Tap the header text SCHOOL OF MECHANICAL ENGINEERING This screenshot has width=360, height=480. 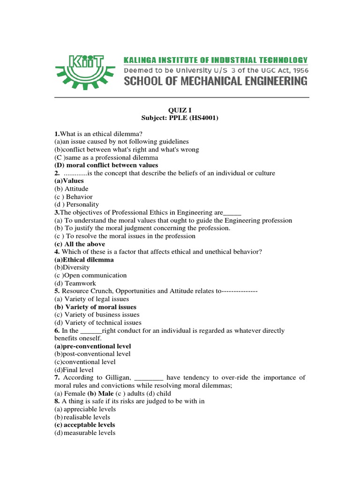click(215, 81)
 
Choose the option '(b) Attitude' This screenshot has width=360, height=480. click(71, 189)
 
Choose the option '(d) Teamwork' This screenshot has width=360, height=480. click(75, 283)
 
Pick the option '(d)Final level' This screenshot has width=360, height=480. click(74, 369)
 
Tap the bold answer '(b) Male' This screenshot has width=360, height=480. click(103, 393)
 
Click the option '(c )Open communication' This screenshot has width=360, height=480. click(90, 275)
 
